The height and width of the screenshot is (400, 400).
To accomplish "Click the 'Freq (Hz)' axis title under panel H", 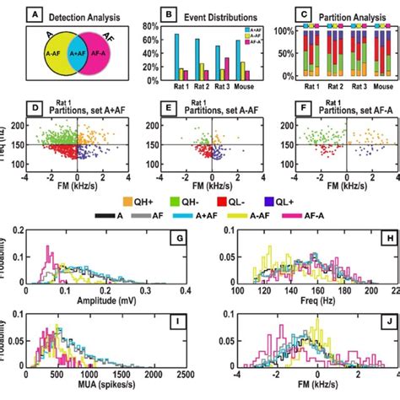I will [x=300, y=300].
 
